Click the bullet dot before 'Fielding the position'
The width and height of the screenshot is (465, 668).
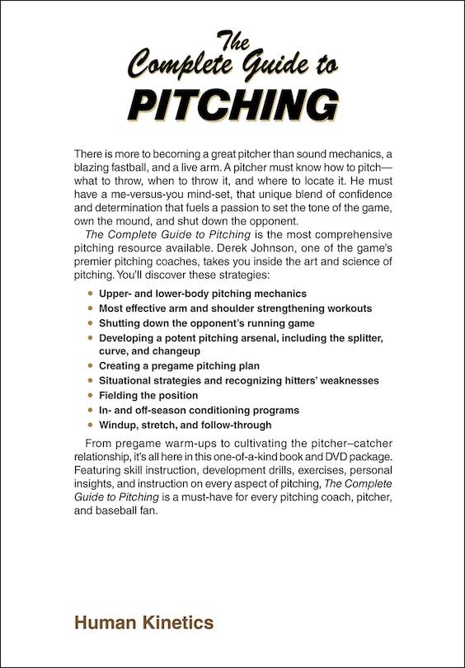(90, 396)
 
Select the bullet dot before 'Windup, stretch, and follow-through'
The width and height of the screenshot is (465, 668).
(90, 426)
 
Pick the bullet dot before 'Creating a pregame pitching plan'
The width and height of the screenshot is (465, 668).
(90, 365)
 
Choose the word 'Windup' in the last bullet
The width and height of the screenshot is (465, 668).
(117, 426)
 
